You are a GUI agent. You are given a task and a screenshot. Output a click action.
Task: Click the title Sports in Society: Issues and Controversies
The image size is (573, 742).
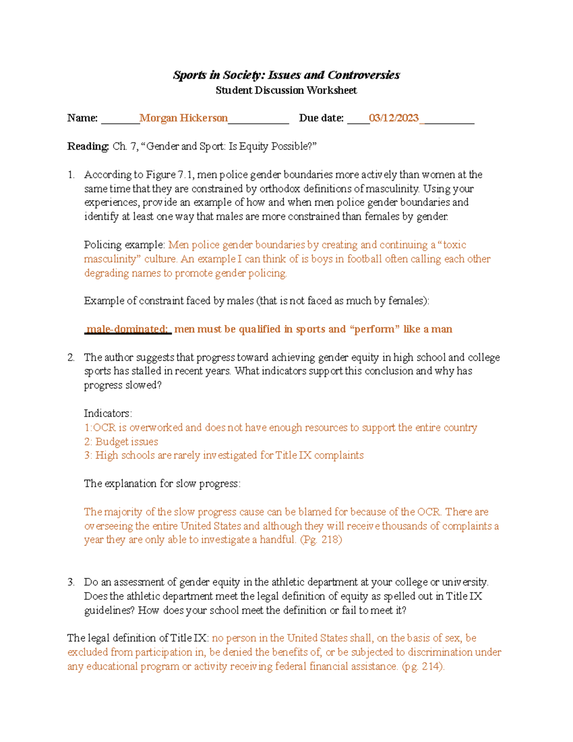click(x=286, y=75)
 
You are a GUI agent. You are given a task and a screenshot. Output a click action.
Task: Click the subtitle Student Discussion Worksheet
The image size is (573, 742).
click(x=286, y=90)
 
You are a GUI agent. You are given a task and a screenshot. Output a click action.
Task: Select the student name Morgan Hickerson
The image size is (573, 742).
click(x=183, y=118)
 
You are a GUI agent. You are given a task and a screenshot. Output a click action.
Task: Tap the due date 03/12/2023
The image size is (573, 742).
click(x=393, y=118)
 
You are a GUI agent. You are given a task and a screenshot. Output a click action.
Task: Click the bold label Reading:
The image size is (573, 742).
click(x=88, y=146)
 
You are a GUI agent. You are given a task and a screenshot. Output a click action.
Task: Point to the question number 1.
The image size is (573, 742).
click(x=71, y=175)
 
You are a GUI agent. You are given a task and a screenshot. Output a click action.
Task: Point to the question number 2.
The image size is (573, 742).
click(x=71, y=357)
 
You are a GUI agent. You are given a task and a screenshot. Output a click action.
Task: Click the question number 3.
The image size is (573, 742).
click(x=71, y=582)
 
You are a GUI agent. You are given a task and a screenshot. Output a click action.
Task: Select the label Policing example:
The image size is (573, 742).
click(x=125, y=245)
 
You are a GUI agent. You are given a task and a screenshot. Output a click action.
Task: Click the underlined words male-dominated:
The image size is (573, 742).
click(x=127, y=329)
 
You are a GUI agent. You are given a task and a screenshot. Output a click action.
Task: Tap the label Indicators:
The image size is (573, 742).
click(x=108, y=413)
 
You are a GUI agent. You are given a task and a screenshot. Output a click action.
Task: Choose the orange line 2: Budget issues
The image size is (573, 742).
click(x=121, y=441)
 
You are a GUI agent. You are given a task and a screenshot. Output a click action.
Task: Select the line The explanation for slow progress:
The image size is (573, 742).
click(x=162, y=484)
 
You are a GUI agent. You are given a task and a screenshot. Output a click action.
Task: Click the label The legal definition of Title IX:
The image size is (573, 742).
click(x=138, y=638)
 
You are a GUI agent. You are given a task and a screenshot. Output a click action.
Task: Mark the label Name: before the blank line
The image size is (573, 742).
click(x=82, y=118)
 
